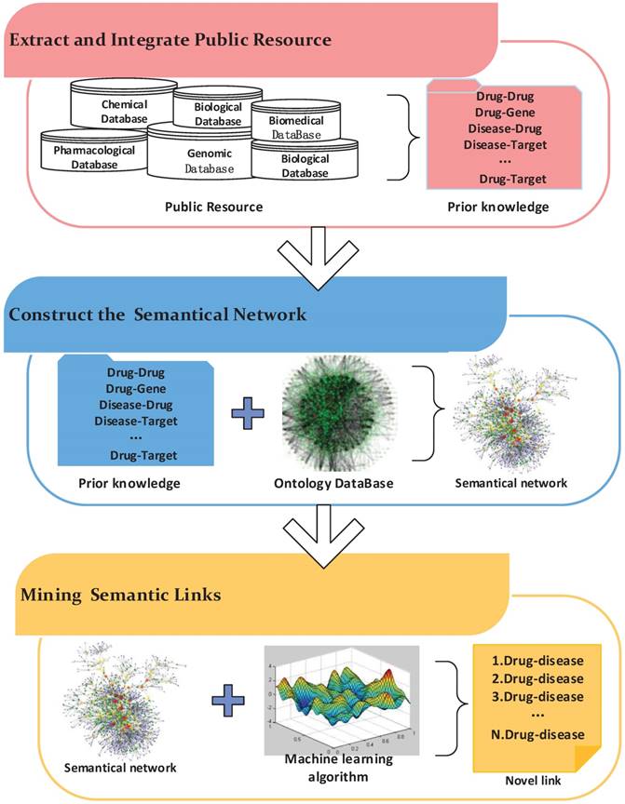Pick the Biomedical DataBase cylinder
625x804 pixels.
pyautogui.click(x=289, y=127)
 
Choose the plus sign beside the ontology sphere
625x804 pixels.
pyautogui.click(x=247, y=414)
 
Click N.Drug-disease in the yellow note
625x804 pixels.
pyautogui.click(x=534, y=734)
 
